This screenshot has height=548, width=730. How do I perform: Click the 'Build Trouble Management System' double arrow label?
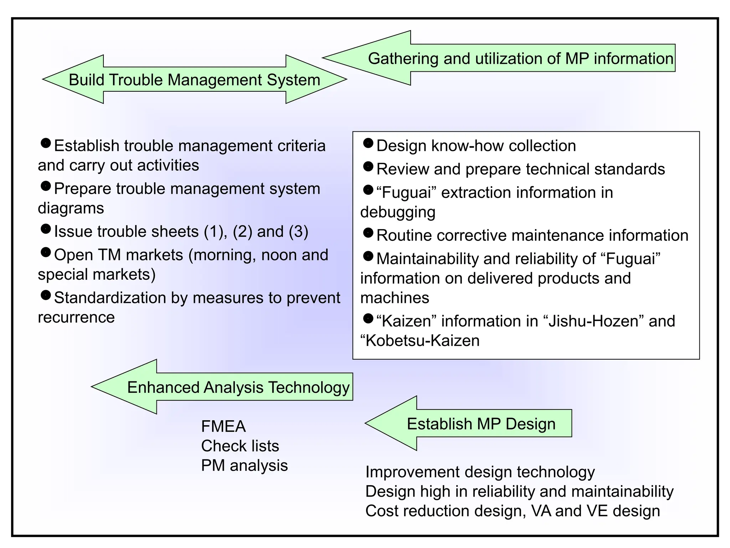pos(194,80)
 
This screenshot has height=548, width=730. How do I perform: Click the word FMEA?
pos(223,426)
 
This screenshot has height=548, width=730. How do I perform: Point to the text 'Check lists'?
pos(240,446)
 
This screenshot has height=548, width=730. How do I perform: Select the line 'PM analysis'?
pos(244,466)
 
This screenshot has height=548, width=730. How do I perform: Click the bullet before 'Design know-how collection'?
pos(368,143)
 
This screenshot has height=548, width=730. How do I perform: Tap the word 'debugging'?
pos(398,212)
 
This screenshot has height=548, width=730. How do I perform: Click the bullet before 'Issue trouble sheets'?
pos(46,229)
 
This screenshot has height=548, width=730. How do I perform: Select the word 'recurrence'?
pos(76,317)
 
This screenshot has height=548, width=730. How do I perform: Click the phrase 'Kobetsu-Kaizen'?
pos(422,341)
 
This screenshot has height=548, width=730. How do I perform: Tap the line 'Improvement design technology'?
pos(480,472)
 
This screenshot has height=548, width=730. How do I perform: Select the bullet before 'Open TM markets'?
pos(46,253)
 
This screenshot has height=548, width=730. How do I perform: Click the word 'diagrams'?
pos(71,208)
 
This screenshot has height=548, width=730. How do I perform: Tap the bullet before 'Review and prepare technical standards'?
pos(368,167)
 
